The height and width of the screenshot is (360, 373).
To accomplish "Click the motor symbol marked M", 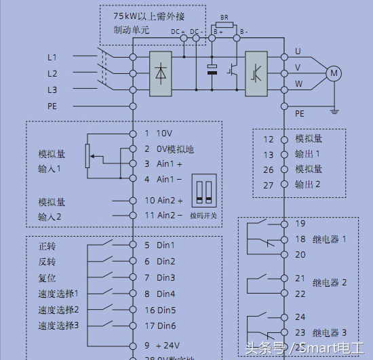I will tap(334, 73).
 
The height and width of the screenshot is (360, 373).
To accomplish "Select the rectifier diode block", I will tap(160, 72).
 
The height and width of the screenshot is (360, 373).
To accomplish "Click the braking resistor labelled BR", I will tap(225, 24).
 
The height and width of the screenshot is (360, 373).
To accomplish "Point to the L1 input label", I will tap(52, 57).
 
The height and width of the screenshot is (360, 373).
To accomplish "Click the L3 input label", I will tap(52, 89).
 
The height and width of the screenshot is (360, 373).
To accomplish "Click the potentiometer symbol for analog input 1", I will tap(86, 156).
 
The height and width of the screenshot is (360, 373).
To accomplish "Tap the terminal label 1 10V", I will tap(159, 133).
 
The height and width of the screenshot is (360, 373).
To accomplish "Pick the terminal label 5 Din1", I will tap(160, 245).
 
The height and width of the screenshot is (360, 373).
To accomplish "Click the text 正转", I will tap(47, 245).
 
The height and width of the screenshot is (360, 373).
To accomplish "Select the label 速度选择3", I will tap(58, 326).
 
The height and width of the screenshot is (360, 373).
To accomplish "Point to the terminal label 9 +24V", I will tap(161, 346).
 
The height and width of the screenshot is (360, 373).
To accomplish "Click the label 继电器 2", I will tap(330, 283).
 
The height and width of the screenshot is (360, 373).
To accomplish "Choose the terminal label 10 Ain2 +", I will tap(164, 201).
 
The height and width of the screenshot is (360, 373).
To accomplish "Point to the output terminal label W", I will tap(298, 85).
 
